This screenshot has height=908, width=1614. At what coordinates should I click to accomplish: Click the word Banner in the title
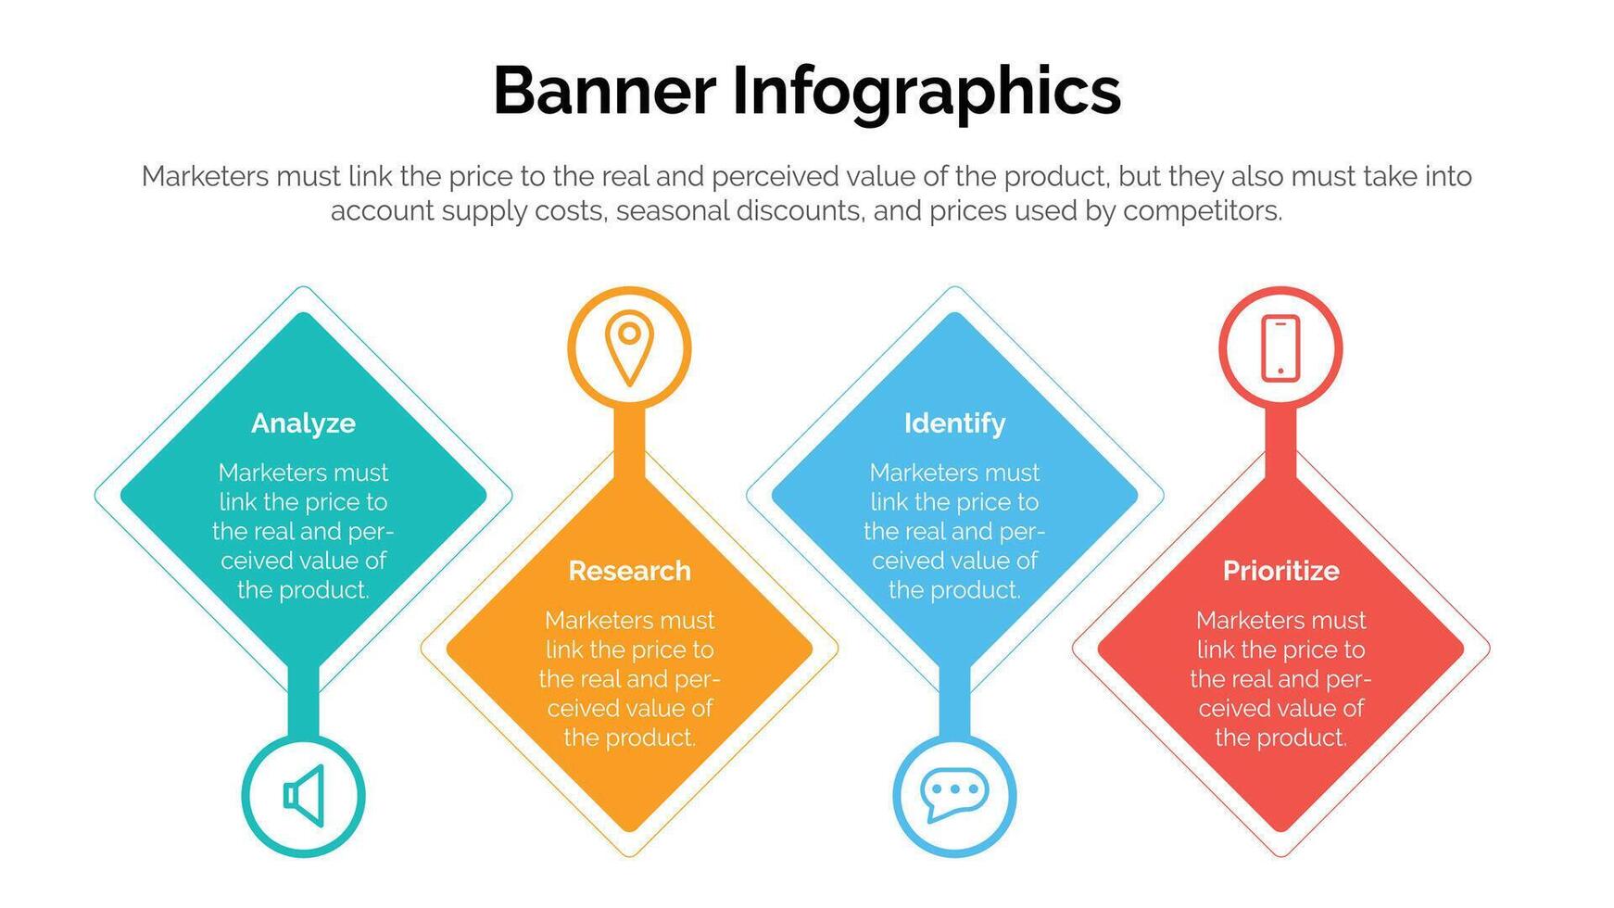point(604,90)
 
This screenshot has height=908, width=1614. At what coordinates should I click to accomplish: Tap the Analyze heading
point(303,424)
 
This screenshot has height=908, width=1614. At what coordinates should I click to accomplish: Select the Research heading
point(629,571)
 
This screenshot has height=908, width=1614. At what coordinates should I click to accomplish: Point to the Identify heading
point(954,424)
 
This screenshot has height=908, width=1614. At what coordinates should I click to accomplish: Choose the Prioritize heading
point(1280,571)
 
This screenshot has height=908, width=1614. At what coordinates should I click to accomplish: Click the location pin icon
point(629,348)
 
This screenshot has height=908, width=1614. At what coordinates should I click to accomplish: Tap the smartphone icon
point(1280,348)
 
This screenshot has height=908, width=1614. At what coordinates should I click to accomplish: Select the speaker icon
point(304,795)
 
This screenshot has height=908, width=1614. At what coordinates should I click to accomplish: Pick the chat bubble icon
point(954,795)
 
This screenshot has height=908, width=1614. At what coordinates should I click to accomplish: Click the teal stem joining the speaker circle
point(303,701)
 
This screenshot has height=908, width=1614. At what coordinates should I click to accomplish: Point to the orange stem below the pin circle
point(629,443)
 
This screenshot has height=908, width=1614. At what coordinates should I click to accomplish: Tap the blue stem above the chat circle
point(954,701)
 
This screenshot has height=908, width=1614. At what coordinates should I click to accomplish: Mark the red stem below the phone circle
point(1280,443)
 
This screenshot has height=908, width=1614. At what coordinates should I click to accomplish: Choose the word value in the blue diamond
point(983,561)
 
